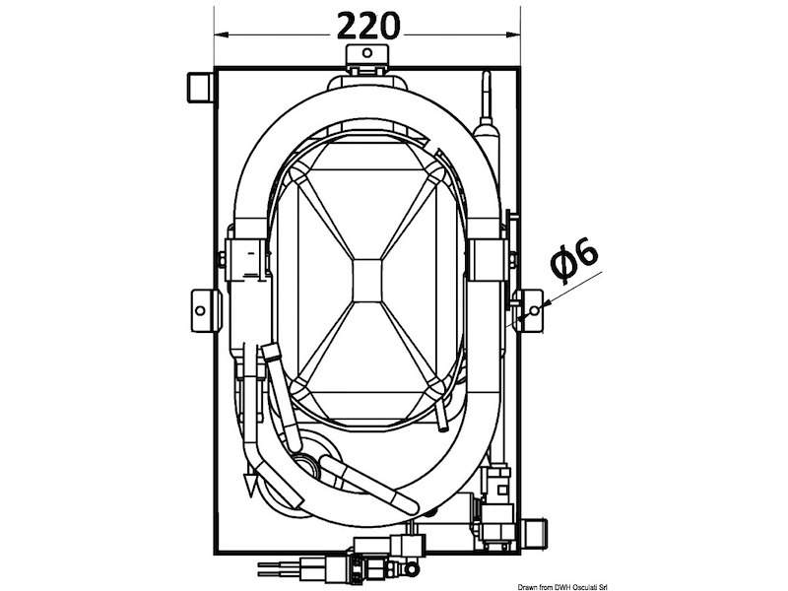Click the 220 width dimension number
pyautogui.click(x=368, y=27)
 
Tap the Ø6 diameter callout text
pyautogui.click(x=574, y=259)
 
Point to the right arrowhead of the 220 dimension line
pyautogui.click(x=513, y=35)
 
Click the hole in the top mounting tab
pyautogui.click(x=367, y=52)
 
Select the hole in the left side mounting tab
pyautogui.click(x=200, y=310)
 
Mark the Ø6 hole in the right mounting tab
pyautogui.click(x=535, y=310)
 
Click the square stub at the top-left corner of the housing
pyautogui.click(x=198, y=88)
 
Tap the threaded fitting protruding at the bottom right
pyautogui.click(x=536, y=534)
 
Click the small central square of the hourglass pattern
pyautogui.click(x=367, y=281)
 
